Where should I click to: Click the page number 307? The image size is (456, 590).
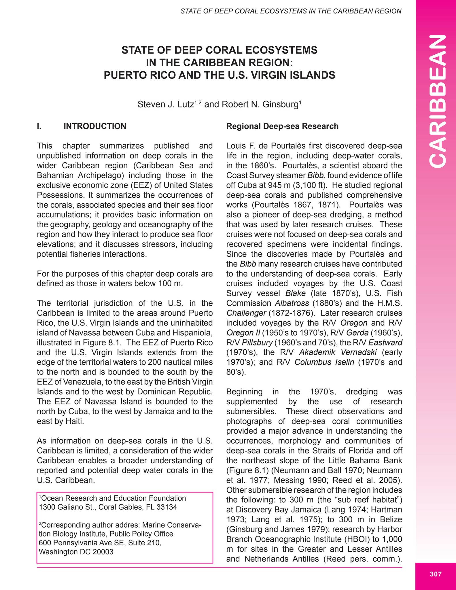tap(436, 574)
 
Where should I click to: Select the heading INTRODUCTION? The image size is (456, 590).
tap(95, 126)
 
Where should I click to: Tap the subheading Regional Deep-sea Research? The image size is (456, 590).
tap(282, 126)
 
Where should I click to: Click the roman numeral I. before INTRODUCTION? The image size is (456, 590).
tap(39, 126)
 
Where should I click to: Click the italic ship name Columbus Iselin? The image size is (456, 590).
tap(324, 362)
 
